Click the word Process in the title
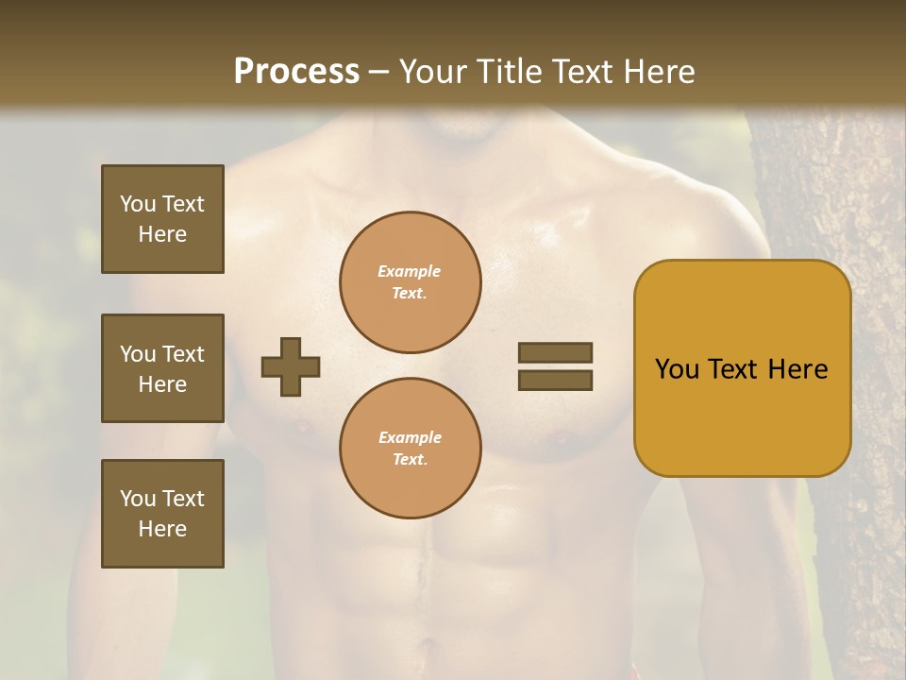(296, 72)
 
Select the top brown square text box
(162, 219)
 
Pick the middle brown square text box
(162, 368)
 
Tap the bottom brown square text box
(162, 513)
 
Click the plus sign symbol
(291, 366)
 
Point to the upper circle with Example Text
(410, 281)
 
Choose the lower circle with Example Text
(410, 448)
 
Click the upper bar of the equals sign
(555, 352)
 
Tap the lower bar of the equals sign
(555, 380)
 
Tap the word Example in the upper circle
(410, 271)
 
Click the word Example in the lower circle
(410, 437)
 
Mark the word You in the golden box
(678, 369)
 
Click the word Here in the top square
(162, 234)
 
